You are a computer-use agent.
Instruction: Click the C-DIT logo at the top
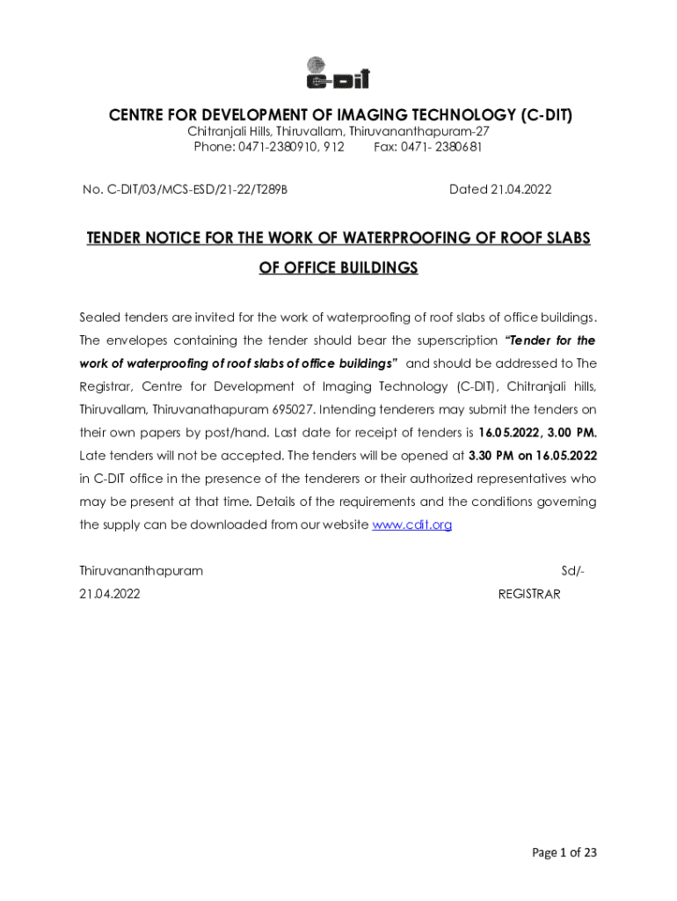point(338,72)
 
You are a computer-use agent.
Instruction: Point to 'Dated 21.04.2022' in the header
point(500,189)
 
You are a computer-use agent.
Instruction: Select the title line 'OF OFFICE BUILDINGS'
point(338,267)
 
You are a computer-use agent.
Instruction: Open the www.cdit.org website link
point(412,524)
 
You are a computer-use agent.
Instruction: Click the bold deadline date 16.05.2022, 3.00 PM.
point(537,433)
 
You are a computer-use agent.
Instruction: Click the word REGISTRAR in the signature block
point(528,594)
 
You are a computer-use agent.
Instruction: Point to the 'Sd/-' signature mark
point(572,570)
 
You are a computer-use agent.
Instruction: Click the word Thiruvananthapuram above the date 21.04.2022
point(141,570)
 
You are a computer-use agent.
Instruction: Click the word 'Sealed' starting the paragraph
point(99,317)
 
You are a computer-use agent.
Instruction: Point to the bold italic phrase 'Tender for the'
point(549,340)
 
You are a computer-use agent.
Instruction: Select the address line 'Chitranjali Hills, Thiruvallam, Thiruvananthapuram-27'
point(338,131)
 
